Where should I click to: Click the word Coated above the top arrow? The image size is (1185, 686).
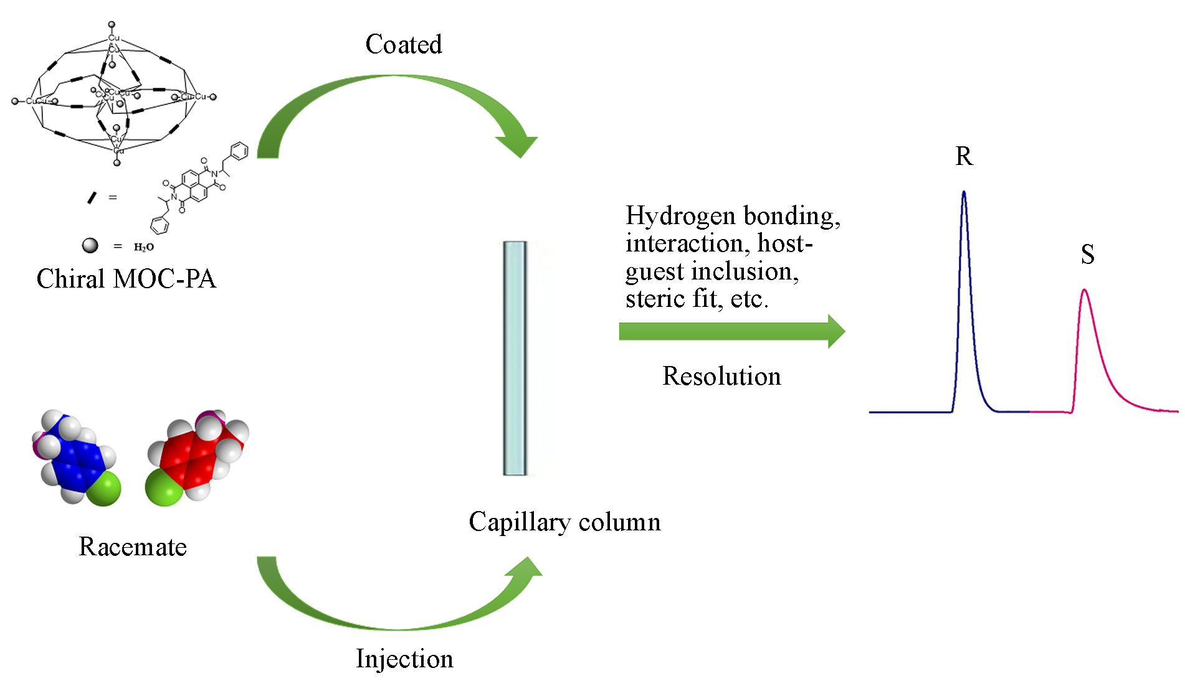pos(404,44)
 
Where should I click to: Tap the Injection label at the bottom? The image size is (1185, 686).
pos(404,659)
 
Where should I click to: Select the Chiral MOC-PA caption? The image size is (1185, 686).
pos(126,279)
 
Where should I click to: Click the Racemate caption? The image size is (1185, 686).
pos(133,547)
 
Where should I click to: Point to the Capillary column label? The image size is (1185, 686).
pos(564,522)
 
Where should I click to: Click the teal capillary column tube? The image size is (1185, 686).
pos(515,358)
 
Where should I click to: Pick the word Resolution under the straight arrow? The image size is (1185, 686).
pos(721,376)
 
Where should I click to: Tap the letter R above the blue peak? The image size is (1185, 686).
pos(964,156)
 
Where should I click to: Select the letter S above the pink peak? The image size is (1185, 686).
pos(1088,254)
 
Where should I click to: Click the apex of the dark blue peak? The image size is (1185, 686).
pos(964,192)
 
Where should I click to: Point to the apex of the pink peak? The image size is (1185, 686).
pos(1085,290)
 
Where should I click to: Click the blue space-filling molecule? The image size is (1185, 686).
pos(75,458)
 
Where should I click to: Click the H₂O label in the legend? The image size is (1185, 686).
pos(144,247)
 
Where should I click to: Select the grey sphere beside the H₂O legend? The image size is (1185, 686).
pos(90,245)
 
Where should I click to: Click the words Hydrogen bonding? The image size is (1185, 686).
pos(733,216)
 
